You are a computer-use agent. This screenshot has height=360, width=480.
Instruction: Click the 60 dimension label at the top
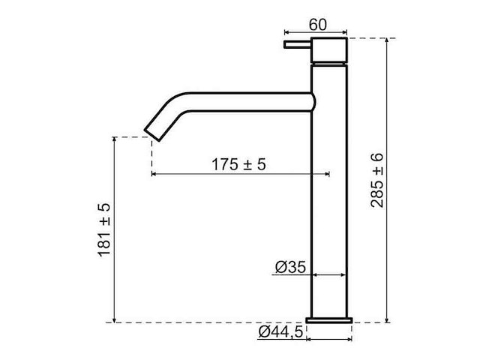point(317,23)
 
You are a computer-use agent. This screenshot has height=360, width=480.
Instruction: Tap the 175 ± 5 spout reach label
point(238,164)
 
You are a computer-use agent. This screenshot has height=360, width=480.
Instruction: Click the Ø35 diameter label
point(288,266)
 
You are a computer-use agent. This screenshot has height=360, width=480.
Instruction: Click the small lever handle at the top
point(296,46)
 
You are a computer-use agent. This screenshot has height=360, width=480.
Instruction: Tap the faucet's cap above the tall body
point(330,53)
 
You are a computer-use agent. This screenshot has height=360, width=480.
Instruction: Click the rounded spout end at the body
point(310,102)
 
